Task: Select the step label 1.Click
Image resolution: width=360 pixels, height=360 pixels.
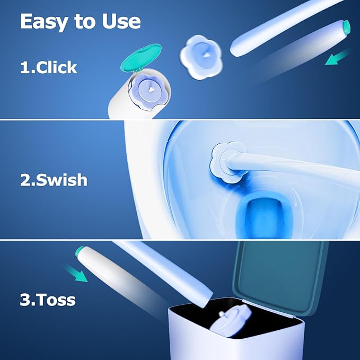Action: pyautogui.click(x=49, y=67)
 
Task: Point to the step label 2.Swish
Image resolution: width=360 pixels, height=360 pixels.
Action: pyautogui.click(x=54, y=180)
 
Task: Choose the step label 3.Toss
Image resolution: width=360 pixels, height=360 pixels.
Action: pyautogui.click(x=48, y=300)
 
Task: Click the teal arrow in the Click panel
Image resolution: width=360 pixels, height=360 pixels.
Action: pyautogui.click(x=338, y=57)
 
